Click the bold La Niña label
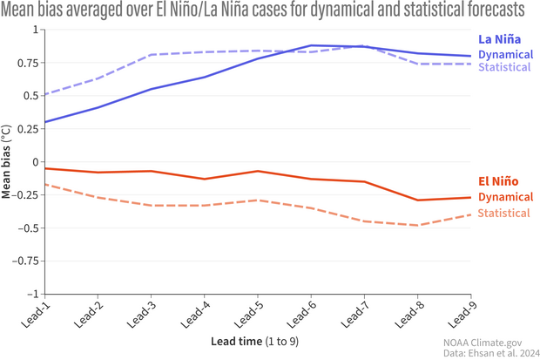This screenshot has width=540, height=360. (x=499, y=39)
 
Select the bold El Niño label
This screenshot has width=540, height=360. (x=500, y=181)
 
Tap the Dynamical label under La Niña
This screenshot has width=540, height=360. (x=505, y=54)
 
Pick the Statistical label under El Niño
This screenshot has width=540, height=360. (x=503, y=213)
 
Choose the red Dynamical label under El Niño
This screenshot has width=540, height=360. (x=505, y=197)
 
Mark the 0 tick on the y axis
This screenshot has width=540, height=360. (x=35, y=162)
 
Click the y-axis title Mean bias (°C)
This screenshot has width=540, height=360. (x=8, y=162)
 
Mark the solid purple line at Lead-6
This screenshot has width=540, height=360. (x=311, y=45)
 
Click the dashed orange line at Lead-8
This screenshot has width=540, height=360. (x=417, y=226)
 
